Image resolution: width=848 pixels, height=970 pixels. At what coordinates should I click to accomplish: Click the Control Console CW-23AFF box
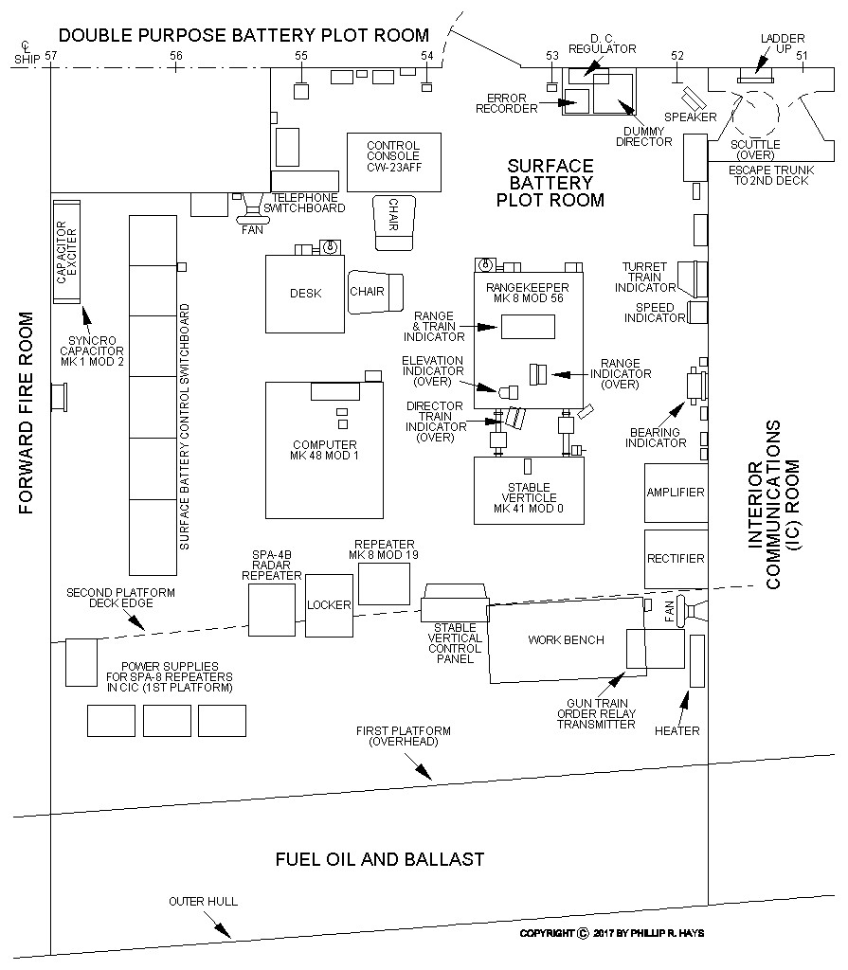click(x=393, y=156)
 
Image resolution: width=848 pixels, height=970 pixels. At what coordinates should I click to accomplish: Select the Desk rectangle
click(x=305, y=293)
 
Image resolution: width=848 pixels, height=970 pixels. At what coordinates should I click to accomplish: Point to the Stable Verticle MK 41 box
click(x=528, y=490)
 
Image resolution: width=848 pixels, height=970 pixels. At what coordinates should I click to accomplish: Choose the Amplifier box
click(x=676, y=493)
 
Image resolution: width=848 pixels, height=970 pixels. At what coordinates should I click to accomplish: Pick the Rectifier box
click(x=676, y=558)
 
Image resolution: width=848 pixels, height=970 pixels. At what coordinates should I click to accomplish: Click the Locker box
click(x=329, y=604)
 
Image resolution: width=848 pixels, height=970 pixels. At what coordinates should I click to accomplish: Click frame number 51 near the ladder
click(x=802, y=56)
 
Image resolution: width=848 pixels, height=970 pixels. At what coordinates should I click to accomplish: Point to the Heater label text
click(x=677, y=730)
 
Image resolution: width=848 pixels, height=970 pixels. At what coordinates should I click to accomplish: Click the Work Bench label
click(x=566, y=639)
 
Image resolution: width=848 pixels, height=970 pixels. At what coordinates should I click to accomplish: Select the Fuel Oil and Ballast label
click(x=380, y=859)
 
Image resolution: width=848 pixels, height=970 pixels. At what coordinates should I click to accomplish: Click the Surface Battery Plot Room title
click(x=550, y=183)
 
